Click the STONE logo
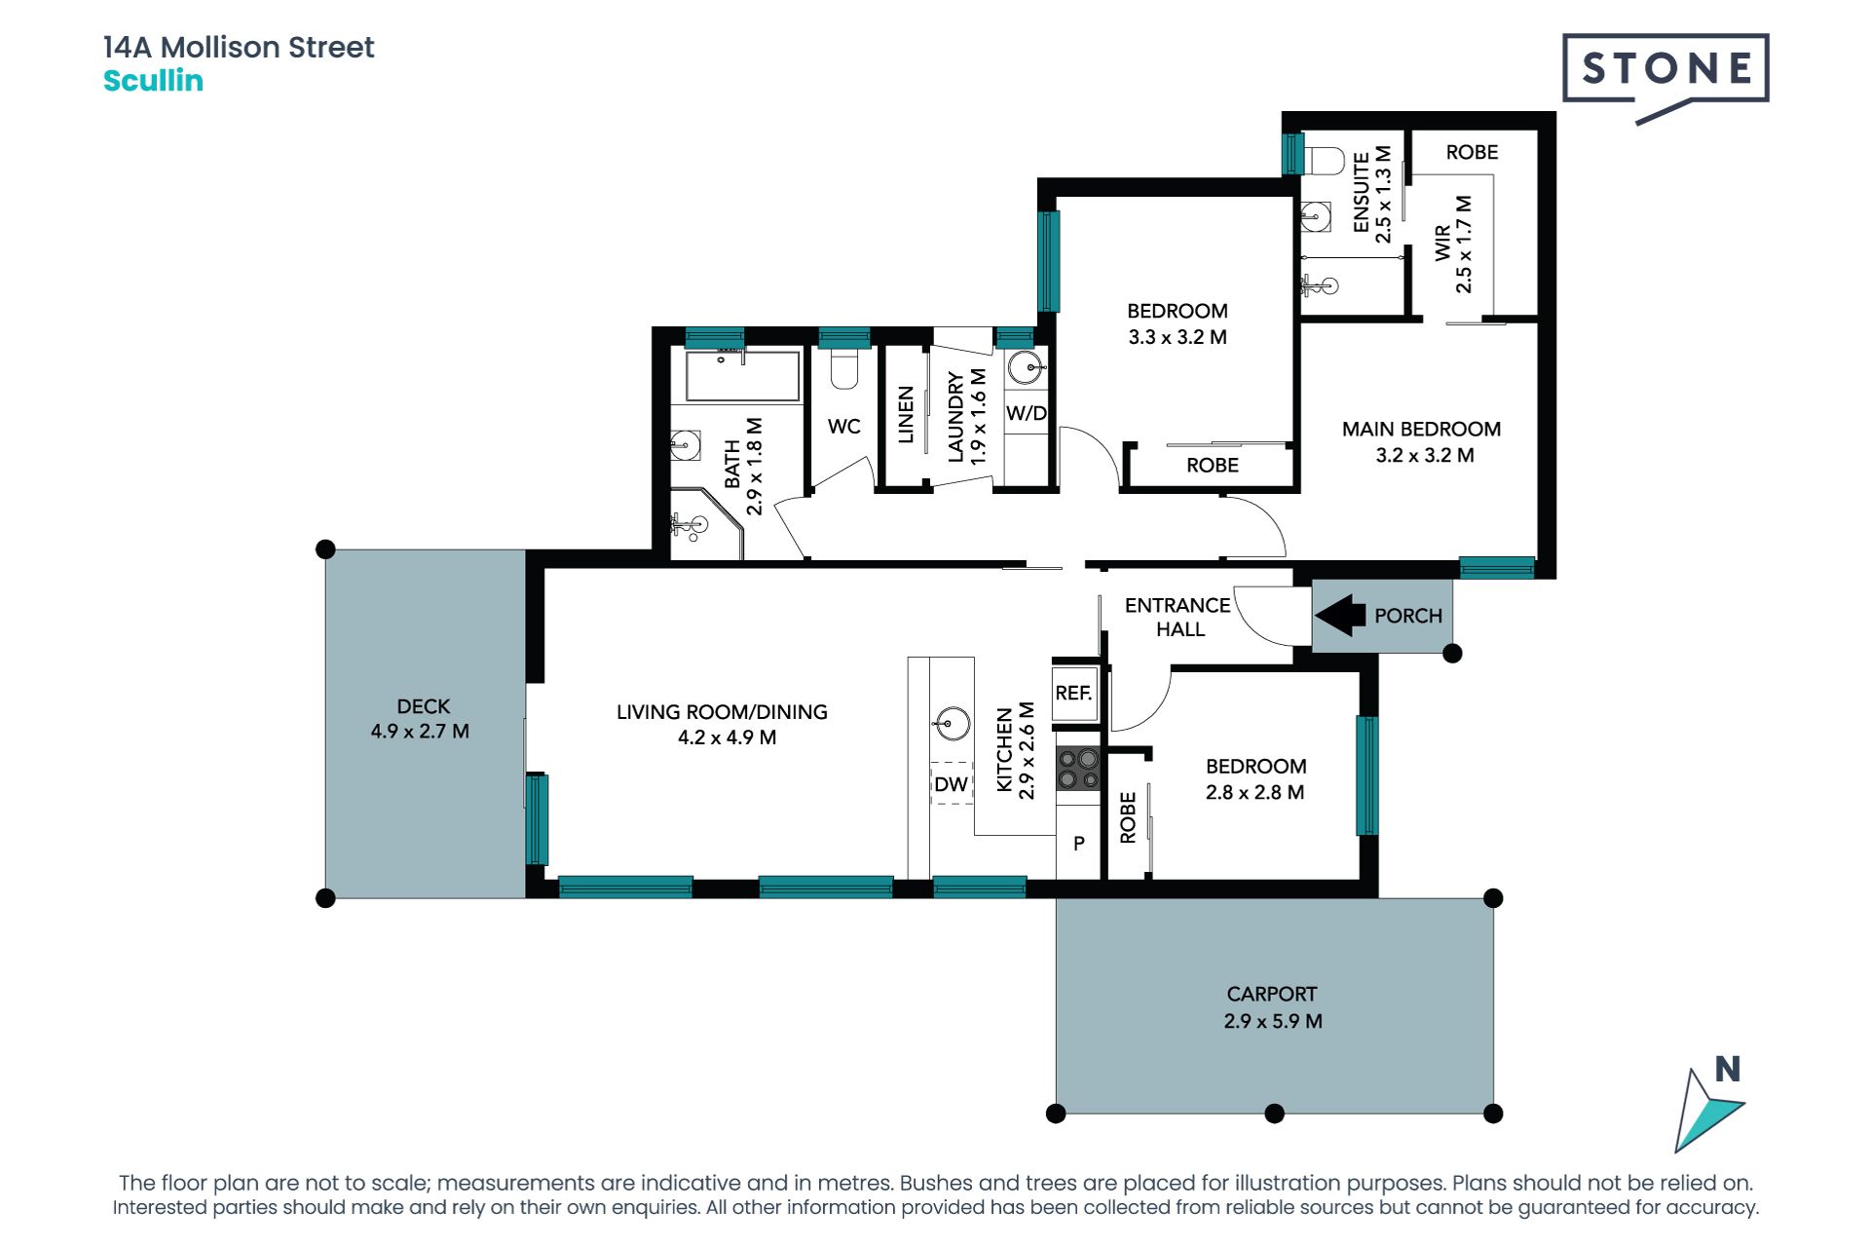click(x=1665, y=74)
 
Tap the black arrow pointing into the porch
click(x=1340, y=615)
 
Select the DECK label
click(x=424, y=706)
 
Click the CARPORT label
click(x=1272, y=994)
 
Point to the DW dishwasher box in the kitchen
click(x=952, y=783)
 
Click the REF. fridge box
click(x=1075, y=693)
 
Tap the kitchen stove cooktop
click(x=1078, y=769)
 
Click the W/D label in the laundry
click(x=1026, y=413)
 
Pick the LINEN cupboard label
click(x=906, y=415)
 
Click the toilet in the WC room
click(x=843, y=369)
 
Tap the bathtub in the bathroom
click(x=742, y=376)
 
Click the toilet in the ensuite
click(x=1323, y=159)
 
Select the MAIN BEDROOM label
click(x=1421, y=429)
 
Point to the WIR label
click(x=1442, y=244)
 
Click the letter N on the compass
click(x=1728, y=1069)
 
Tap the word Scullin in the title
click(x=153, y=81)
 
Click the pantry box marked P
click(x=1079, y=844)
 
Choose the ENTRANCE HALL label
click(x=1178, y=617)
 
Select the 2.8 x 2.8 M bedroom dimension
click(x=1254, y=792)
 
